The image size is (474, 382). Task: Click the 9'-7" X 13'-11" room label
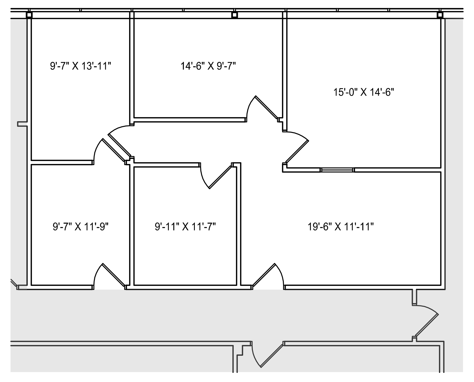coord(81,66)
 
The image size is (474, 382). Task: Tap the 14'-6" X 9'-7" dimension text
coord(208,66)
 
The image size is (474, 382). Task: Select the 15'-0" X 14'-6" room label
coord(364,93)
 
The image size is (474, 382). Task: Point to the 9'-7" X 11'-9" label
coord(81,227)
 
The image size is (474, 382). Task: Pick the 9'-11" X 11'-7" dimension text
coord(185,227)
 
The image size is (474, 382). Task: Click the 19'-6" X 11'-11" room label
coord(341,227)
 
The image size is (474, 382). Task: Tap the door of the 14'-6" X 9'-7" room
coord(266,107)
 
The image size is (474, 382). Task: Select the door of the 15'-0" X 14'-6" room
coord(297,151)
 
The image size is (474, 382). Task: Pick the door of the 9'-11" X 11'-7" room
coord(220,177)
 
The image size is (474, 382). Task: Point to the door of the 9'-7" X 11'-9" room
coord(113,275)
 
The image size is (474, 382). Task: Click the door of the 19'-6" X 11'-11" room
coord(264,275)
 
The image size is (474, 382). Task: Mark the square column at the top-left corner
coord(29,15)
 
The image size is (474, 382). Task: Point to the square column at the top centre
coord(234,15)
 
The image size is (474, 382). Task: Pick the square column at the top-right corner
coord(440,15)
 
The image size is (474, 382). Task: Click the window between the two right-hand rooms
coord(337,170)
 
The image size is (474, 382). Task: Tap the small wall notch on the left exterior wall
coord(22,124)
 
